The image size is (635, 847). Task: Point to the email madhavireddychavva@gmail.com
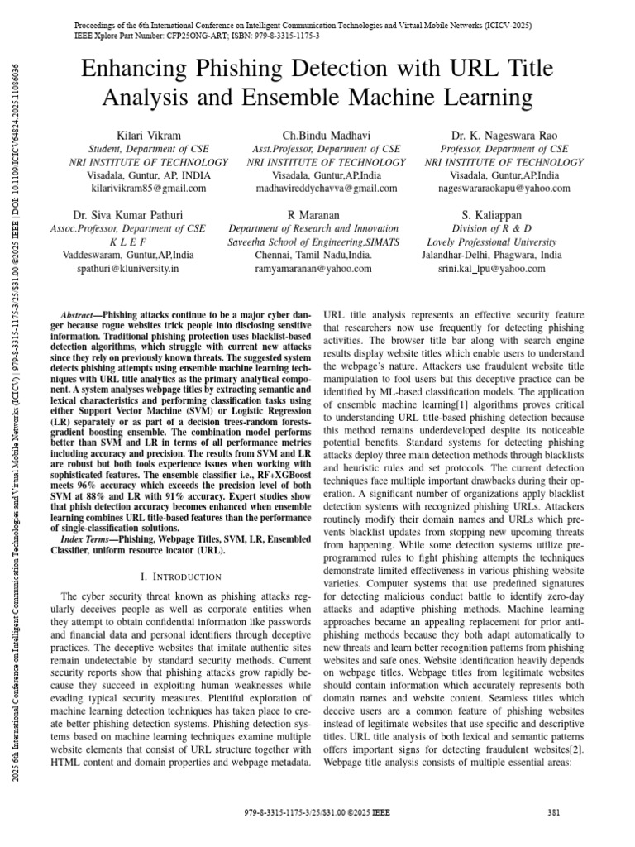[327, 189]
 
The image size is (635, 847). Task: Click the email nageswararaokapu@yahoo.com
[504, 189]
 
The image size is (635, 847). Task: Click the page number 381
[555, 813]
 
